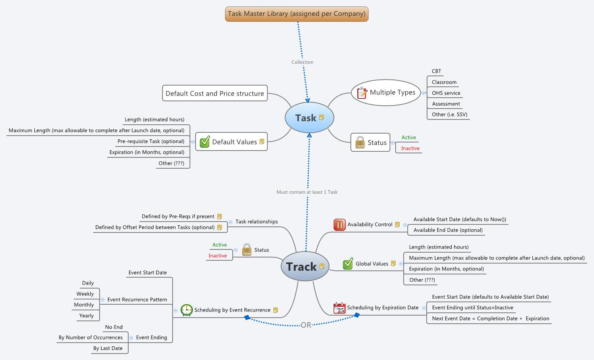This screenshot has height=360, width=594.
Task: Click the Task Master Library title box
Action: click(296, 14)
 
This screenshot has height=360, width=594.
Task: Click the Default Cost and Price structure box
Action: click(215, 93)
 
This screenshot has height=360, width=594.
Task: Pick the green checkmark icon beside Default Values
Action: click(205, 142)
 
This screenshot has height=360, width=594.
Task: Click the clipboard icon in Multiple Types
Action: click(362, 93)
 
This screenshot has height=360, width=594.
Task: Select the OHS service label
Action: click(446, 93)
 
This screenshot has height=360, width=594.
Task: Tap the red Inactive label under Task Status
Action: click(410, 148)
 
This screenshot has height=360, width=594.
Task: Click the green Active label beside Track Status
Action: click(219, 245)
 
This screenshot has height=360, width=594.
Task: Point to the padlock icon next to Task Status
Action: click(360, 142)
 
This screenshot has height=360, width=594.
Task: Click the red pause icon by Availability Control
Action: click(340, 224)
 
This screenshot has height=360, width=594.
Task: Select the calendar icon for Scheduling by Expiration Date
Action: click(340, 308)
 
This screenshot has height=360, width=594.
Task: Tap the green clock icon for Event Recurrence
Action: click(187, 310)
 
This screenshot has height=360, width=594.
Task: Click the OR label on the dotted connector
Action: click(306, 325)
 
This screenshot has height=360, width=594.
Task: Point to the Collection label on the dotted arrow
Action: click(302, 62)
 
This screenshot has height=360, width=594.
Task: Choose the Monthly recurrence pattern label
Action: click(84, 305)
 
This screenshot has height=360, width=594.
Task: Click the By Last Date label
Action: click(108, 348)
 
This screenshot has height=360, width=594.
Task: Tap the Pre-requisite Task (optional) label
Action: click(151, 141)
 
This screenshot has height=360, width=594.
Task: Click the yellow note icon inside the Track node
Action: click(322, 266)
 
